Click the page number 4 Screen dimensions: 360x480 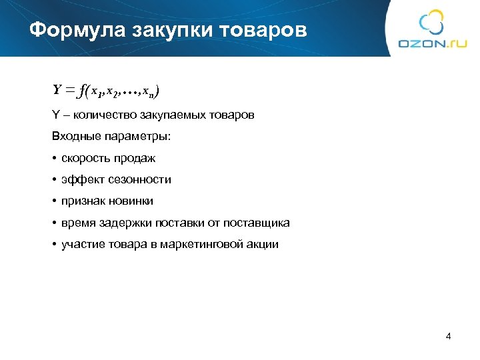(448, 336)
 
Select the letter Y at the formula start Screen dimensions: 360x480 (57, 90)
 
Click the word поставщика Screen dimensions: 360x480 (256, 223)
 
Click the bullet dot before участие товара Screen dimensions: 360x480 (54, 244)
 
